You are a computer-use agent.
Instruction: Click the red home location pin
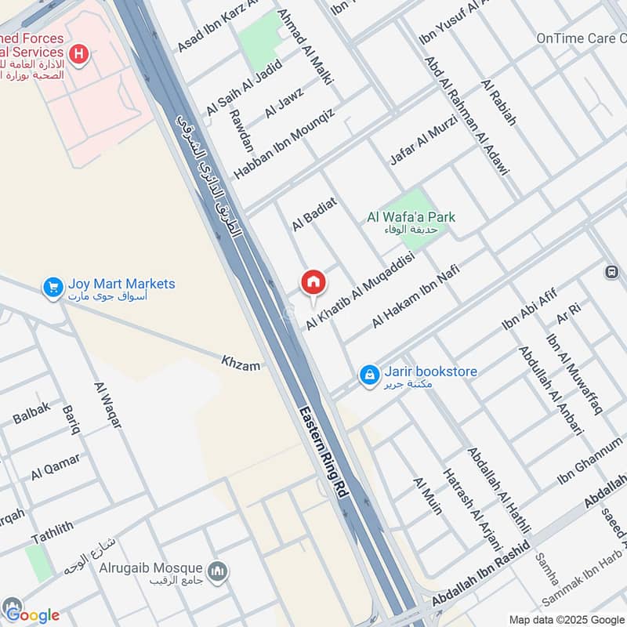(x=313, y=283)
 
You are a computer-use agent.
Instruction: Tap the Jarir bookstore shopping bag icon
(x=369, y=376)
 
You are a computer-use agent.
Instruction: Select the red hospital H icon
(x=78, y=53)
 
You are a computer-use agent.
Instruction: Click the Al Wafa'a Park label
(x=411, y=217)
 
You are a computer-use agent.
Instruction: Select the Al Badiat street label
(x=314, y=214)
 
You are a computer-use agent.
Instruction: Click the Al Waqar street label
(x=107, y=404)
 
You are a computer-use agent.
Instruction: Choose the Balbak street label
(x=31, y=412)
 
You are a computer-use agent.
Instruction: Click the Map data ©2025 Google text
(x=564, y=618)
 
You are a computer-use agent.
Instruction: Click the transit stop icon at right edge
(x=611, y=272)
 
